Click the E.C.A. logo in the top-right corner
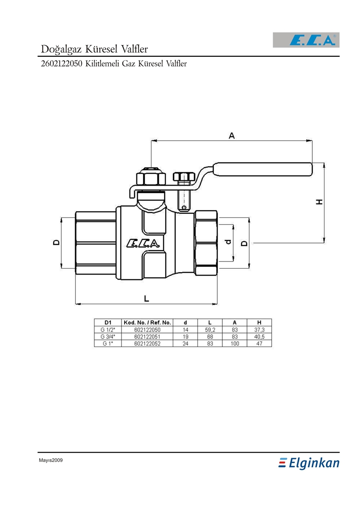[306, 41]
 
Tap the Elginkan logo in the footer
[309, 463]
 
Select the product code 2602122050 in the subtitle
[61, 63]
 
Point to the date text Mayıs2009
[50, 460]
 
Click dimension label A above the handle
[232, 135]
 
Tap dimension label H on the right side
[319, 202]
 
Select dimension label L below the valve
[146, 298]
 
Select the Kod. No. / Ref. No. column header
[147, 322]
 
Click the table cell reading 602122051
[147, 336]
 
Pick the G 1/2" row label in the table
[108, 329]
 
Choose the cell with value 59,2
[210, 329]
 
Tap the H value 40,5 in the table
[259, 336]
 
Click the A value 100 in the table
[234, 343]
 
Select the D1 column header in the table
[108, 322]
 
